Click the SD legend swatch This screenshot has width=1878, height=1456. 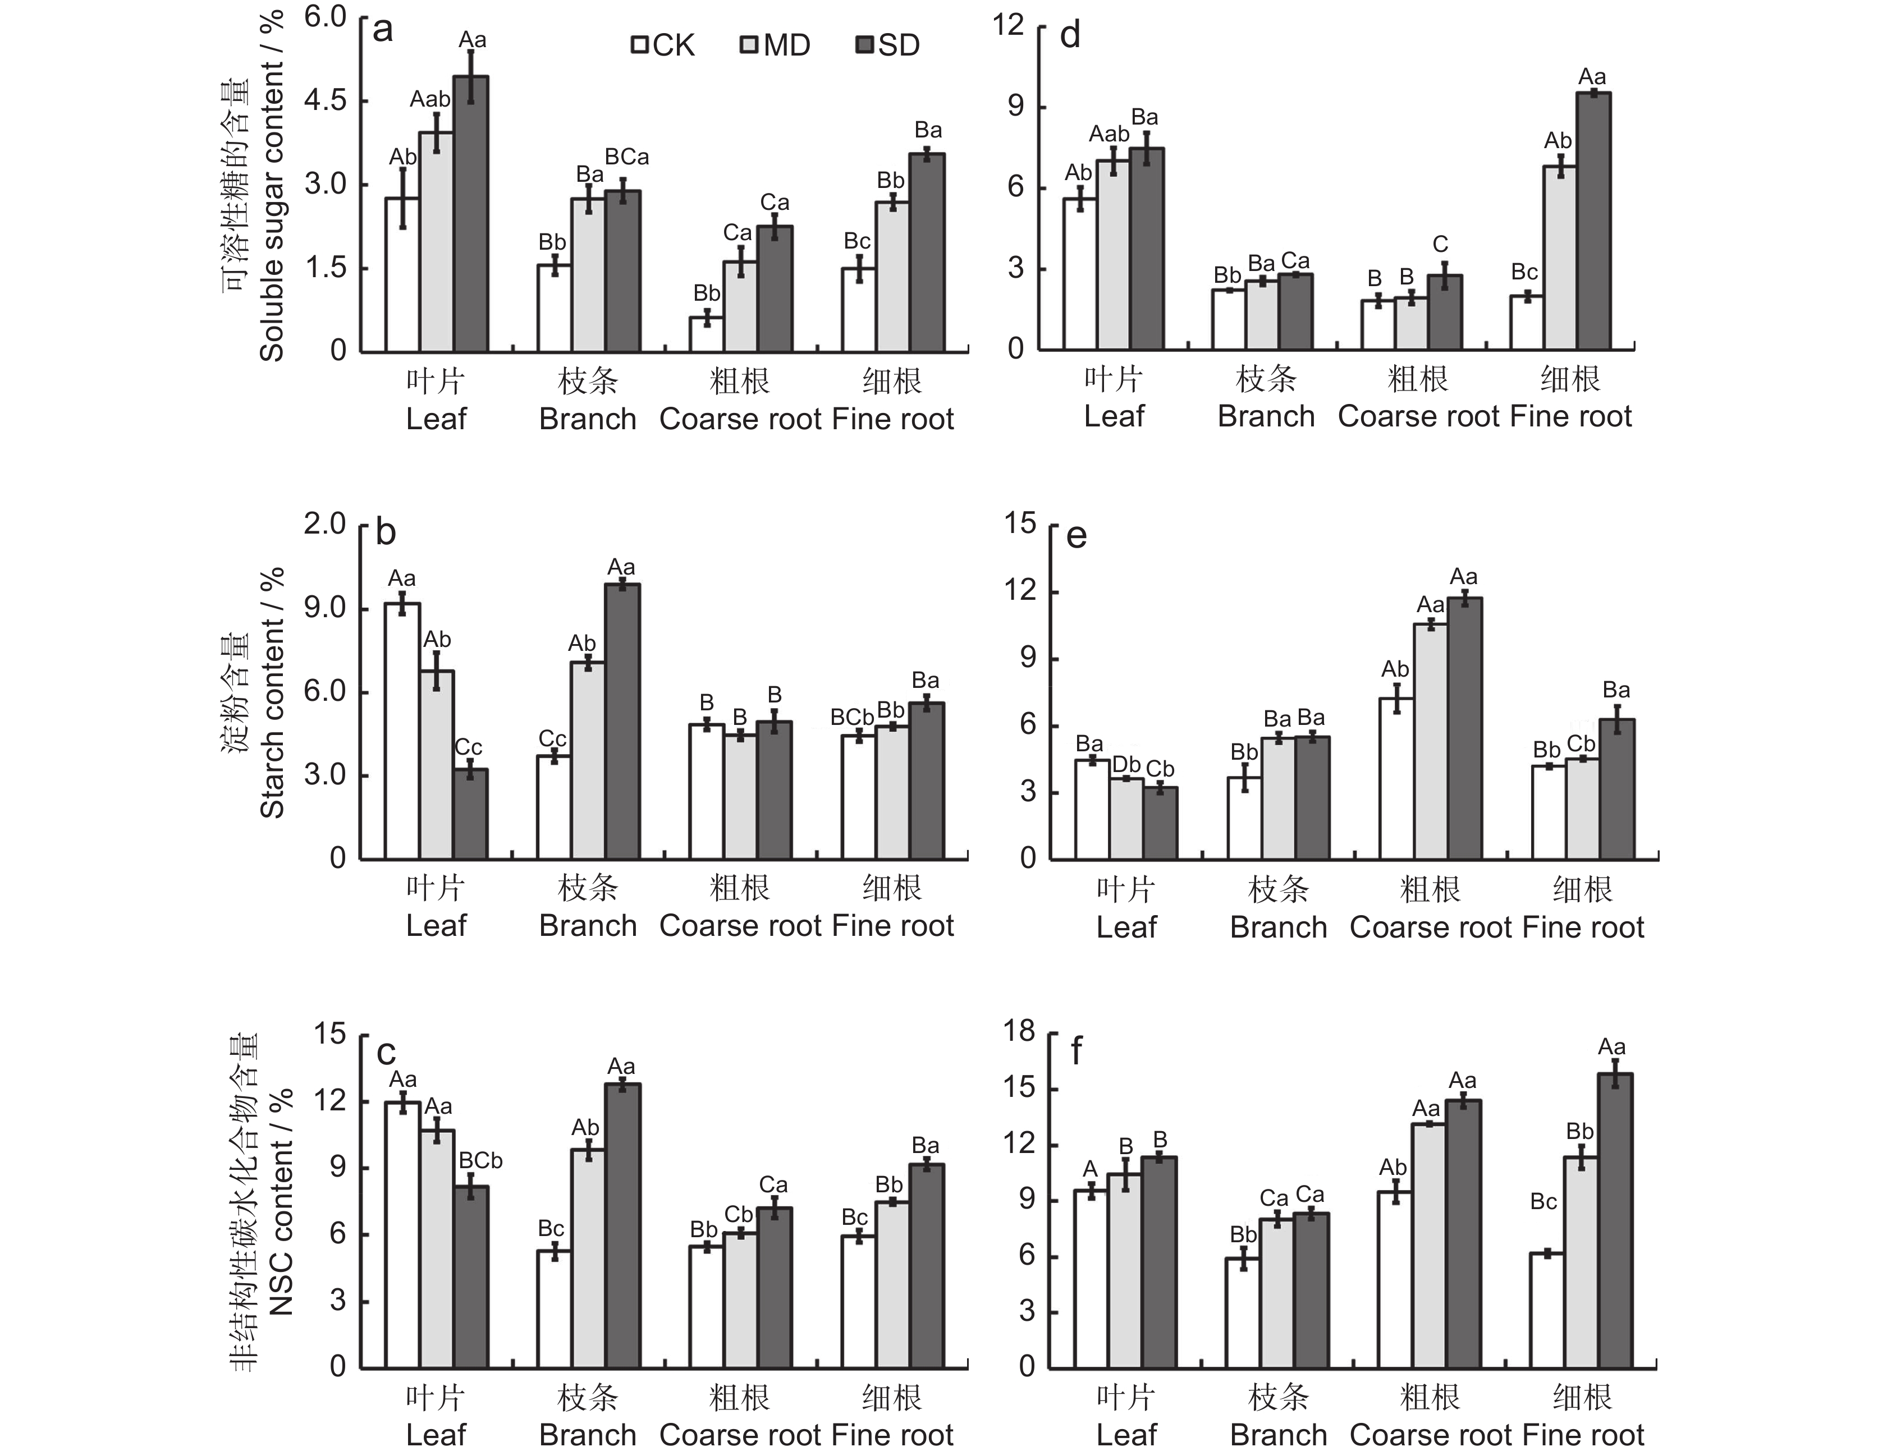[x=864, y=45]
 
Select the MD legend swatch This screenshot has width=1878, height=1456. [x=749, y=45]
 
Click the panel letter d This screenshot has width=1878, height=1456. [x=1070, y=35]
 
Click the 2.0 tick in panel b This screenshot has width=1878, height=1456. [x=324, y=523]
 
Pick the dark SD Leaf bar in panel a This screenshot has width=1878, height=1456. [x=471, y=215]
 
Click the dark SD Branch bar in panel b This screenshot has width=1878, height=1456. [x=622, y=722]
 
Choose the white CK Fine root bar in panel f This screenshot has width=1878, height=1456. [x=1546, y=1311]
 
